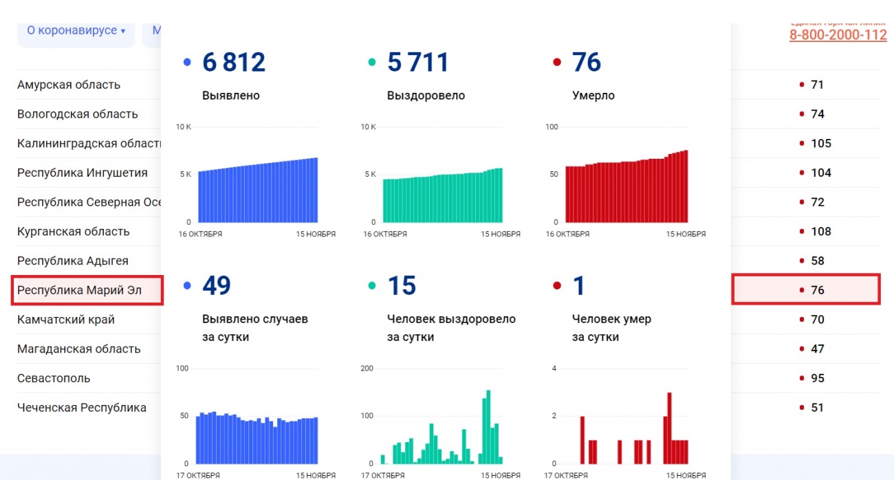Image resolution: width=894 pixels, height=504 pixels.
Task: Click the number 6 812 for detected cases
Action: pos(233,63)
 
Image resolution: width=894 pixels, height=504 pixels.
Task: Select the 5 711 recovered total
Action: pos(417,63)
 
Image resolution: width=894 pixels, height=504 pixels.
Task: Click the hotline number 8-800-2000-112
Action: pos(838,35)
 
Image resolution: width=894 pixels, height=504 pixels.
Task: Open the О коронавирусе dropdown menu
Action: pos(76,31)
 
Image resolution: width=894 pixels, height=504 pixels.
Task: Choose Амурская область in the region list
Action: pos(69,85)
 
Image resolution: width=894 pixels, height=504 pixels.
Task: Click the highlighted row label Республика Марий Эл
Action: pos(80,290)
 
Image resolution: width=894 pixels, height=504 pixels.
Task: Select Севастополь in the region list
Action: pos(54,378)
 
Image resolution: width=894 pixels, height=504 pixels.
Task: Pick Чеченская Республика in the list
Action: pos(82,408)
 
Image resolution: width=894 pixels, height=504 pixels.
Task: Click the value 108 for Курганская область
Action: pos(821,232)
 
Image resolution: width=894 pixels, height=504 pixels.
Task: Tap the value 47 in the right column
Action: pos(817,349)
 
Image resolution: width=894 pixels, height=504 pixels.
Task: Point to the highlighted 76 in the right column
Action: pos(817,290)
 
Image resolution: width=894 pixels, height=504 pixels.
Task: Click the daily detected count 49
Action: pos(217,286)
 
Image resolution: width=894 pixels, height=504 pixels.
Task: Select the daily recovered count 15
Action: pos(402,286)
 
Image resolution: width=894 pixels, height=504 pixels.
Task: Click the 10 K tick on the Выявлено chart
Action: pos(184,127)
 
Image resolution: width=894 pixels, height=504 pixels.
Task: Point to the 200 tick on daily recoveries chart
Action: pos(367,369)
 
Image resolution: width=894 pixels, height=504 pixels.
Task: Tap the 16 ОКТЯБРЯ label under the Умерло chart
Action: pos(567,234)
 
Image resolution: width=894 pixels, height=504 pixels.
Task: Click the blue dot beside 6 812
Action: pos(187,63)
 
